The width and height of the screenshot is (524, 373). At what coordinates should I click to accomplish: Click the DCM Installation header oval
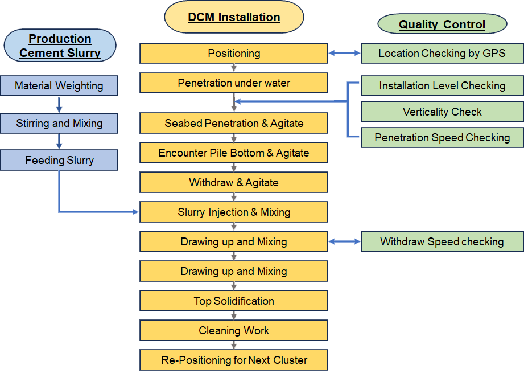234,17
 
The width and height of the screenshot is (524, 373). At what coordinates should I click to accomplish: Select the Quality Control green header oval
442,24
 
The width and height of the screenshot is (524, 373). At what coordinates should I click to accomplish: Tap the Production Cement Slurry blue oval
60,46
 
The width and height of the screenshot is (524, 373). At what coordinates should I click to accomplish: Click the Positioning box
234,54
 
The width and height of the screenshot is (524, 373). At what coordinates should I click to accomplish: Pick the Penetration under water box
234,83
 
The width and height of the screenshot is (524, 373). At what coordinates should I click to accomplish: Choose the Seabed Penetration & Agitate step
234,123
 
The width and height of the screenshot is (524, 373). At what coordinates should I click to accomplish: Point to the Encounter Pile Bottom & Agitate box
234,153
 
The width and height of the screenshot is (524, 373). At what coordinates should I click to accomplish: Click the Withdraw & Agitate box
234,182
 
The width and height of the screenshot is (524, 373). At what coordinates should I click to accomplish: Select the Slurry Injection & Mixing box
234,212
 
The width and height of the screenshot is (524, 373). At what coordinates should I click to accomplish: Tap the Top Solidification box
234,301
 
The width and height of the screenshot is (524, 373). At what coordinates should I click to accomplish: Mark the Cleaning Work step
234,330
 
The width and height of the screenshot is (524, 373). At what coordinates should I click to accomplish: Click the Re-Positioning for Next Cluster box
234,360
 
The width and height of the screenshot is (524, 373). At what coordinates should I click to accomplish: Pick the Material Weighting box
59,86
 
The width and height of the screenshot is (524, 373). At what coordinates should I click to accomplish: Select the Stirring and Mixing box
59,123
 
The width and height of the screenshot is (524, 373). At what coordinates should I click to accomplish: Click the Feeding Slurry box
59,161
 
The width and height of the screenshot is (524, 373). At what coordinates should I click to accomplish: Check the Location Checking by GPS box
442,54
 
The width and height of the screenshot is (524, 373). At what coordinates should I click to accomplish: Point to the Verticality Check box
442,112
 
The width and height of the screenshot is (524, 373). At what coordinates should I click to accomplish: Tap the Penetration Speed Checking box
442,137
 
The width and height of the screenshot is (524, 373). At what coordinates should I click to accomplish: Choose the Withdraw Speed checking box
442,241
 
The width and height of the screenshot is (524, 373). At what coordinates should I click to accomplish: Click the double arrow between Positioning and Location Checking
345,54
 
